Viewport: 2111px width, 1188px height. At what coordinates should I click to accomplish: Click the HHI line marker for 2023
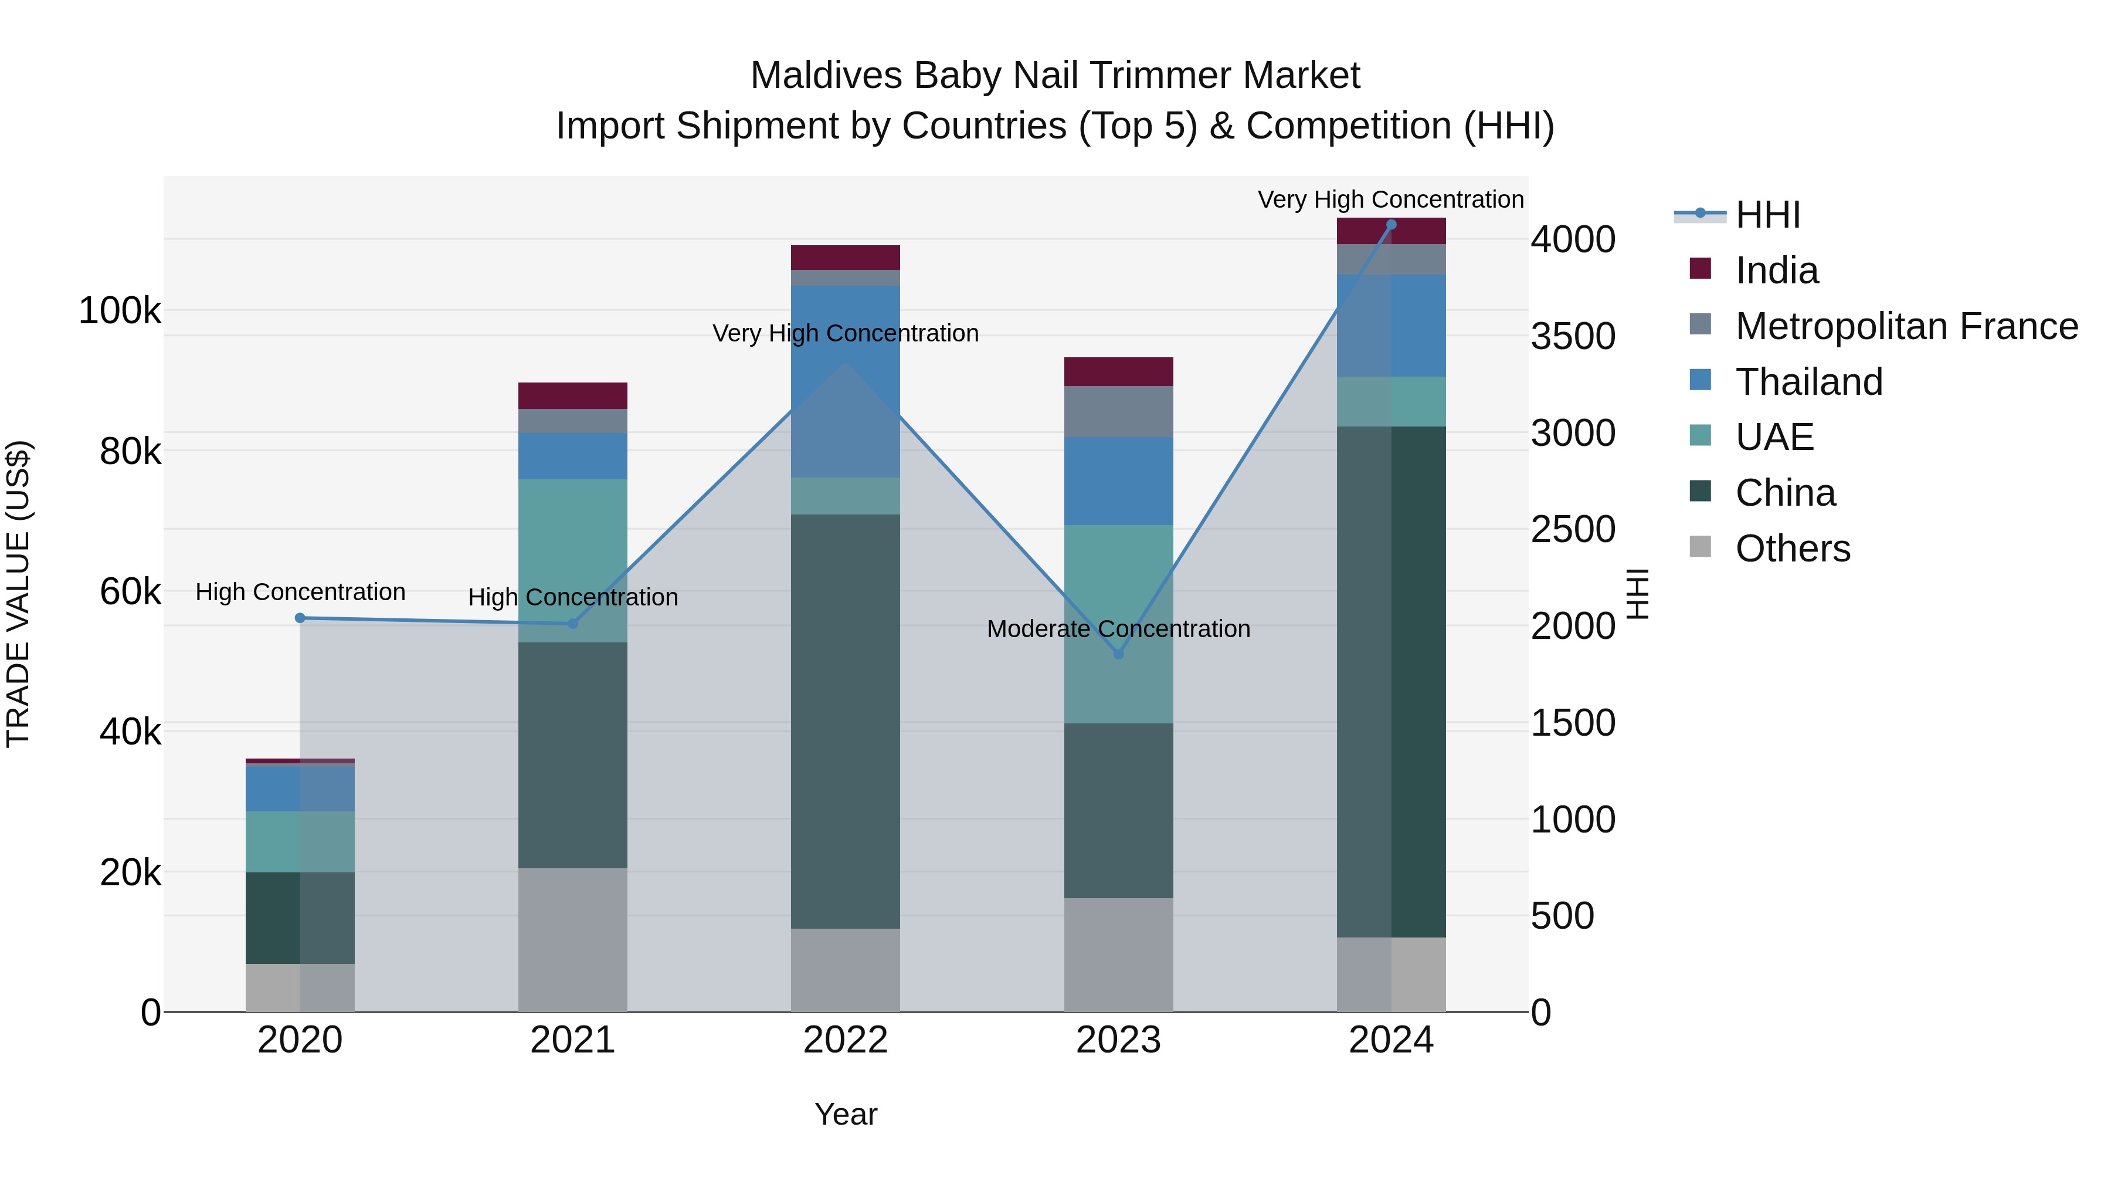1119,654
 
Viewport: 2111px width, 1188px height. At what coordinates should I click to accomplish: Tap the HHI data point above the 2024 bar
1391,225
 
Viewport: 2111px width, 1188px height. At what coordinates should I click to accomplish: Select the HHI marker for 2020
300,618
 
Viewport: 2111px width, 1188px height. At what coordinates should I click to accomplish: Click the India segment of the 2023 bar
1119,371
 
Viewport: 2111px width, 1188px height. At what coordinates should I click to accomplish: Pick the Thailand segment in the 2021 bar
573,456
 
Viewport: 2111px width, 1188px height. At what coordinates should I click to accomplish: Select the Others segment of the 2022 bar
845,970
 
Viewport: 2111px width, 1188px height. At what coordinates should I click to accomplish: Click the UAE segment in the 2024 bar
1391,402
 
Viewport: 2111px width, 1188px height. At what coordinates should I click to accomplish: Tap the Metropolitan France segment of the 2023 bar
1119,412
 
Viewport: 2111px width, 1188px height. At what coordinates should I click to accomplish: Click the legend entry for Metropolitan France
1906,326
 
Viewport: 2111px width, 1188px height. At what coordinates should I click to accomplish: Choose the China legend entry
1785,493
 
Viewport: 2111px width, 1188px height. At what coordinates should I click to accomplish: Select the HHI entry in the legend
1767,215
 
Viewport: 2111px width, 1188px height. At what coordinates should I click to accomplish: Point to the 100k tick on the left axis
120,312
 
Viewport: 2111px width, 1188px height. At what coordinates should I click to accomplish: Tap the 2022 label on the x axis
845,1040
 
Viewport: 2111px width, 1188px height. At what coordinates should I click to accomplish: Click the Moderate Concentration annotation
1119,629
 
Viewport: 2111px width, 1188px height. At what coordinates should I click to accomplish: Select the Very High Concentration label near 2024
1391,199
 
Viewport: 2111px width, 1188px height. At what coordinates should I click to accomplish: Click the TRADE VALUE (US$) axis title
18,594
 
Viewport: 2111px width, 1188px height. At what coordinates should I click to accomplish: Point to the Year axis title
846,1114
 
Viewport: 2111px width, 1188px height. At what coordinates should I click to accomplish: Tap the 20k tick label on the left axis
130,873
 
